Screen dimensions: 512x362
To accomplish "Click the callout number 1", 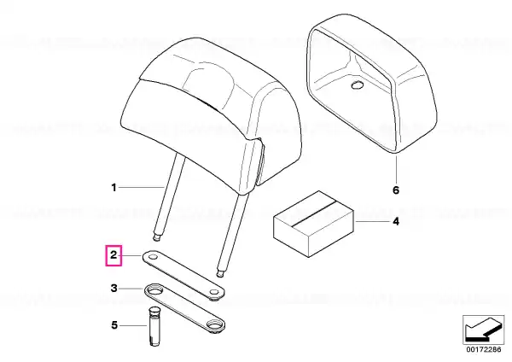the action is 113,188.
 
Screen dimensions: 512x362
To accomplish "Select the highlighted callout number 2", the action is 113,255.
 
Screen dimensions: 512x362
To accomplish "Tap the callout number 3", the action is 113,289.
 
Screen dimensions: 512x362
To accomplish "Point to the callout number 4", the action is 396,221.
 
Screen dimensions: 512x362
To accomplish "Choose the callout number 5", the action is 114,325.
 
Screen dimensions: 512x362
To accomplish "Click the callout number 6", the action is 396,190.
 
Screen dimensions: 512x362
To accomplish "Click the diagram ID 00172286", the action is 484,349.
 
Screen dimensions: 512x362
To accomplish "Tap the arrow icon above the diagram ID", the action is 483,330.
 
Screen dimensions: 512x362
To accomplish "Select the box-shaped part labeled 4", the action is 313,224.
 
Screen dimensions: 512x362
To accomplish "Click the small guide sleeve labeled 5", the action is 153,327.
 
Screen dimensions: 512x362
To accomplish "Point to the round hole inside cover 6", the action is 357,85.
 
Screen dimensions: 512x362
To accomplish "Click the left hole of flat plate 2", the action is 153,258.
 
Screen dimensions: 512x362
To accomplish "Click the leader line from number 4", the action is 372,222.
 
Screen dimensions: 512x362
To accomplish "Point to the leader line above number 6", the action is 396,169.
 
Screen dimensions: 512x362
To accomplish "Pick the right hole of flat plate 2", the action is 214,291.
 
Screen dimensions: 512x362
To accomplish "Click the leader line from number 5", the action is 134,325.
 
